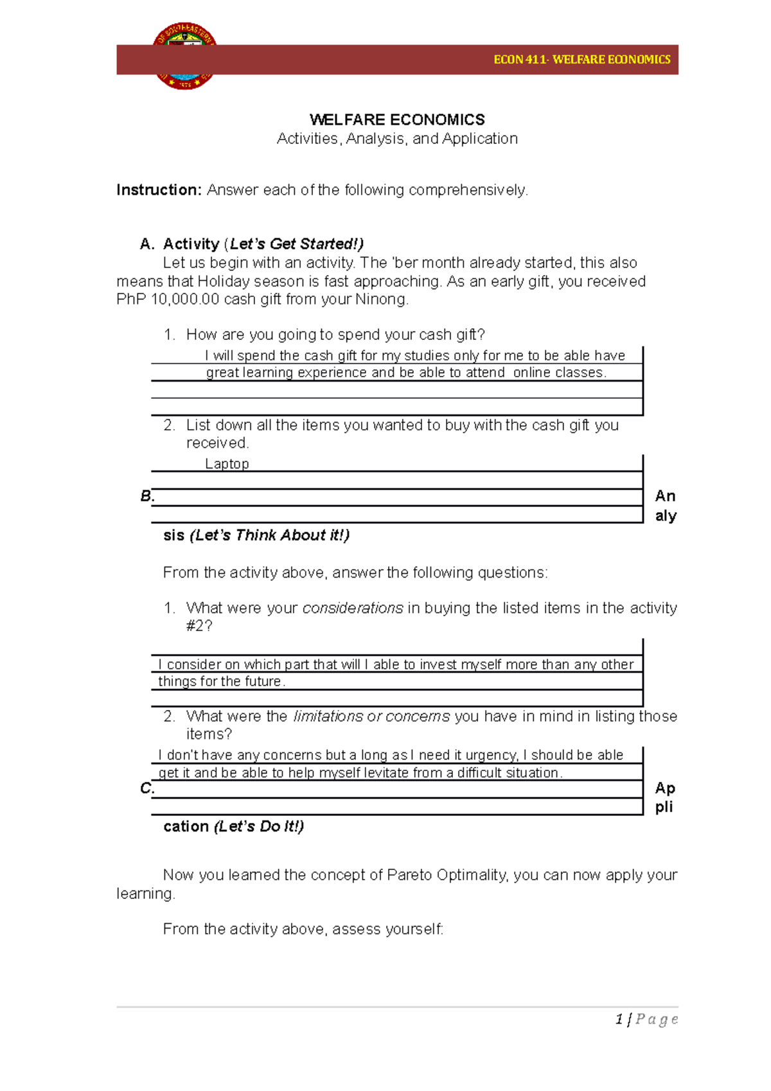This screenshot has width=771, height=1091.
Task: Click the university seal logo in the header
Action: (184, 57)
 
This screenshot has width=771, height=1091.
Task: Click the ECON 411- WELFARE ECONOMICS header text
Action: (581, 60)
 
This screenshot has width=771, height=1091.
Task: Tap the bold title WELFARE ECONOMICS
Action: (397, 120)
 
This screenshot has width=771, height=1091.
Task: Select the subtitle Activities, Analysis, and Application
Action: (397, 139)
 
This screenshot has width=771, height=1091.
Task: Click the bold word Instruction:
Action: (159, 190)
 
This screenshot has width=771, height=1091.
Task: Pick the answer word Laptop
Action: (227, 464)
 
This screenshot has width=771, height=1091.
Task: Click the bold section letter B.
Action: (147, 496)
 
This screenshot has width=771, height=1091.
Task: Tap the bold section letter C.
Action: (147, 788)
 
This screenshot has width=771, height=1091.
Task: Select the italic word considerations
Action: (353, 608)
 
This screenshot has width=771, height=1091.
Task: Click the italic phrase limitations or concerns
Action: (371, 716)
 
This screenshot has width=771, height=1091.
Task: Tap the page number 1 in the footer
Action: (619, 1019)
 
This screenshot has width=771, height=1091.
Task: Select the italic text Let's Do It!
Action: (259, 826)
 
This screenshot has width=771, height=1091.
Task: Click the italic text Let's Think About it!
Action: (269, 535)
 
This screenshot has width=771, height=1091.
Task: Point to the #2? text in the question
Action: (199, 626)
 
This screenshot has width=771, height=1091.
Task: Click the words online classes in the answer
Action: (559, 373)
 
